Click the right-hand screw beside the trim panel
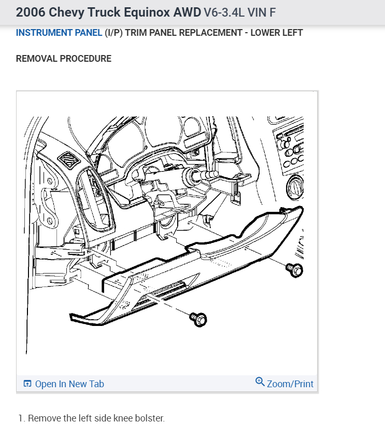tap(295, 269)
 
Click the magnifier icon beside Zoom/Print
tap(260, 382)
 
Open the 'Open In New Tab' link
tap(69, 384)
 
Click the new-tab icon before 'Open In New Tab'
tap(27, 384)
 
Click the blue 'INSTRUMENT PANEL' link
tap(59, 33)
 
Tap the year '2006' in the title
tap(30, 11)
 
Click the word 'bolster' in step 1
tap(150, 418)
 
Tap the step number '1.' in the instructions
tap(21, 418)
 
